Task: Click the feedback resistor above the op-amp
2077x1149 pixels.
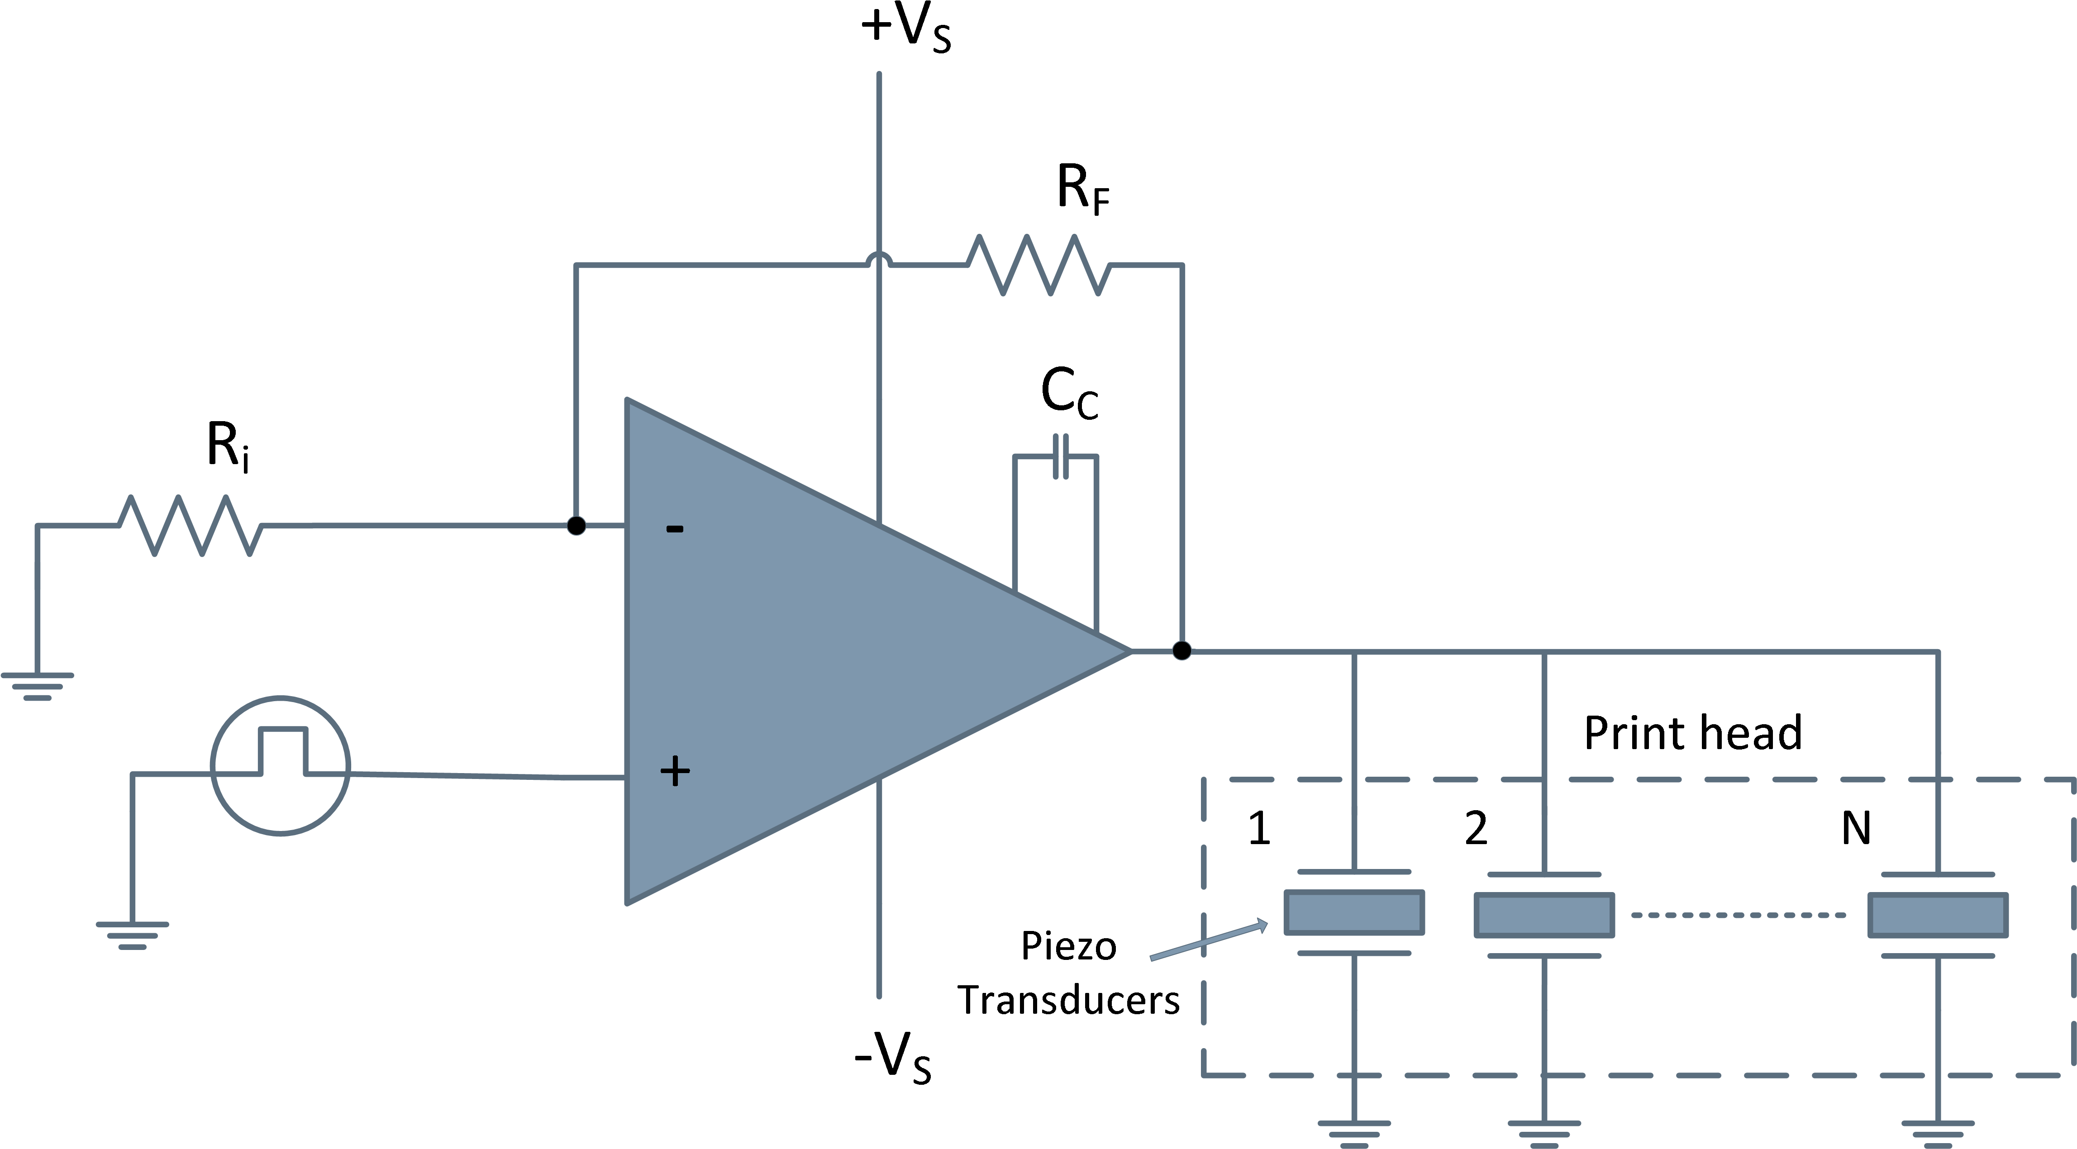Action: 1038,265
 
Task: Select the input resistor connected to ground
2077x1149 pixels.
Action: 191,526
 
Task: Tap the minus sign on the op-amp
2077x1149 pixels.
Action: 675,529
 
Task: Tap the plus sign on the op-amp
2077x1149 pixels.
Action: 675,773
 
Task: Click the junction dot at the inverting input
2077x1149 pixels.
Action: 576,526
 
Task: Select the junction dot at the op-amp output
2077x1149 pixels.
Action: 1181,650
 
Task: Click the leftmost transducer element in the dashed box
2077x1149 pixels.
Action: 1354,913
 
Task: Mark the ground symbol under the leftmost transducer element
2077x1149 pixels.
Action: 1354,1133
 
